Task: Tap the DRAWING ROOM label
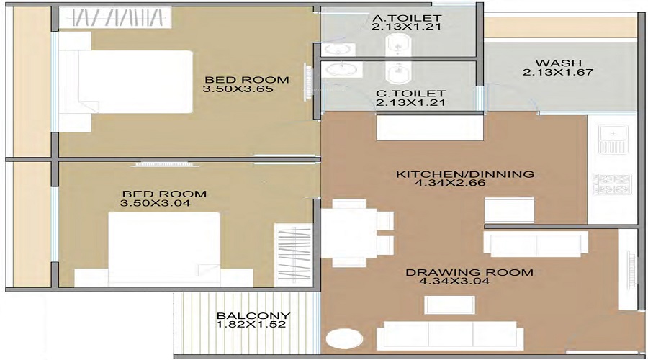(469, 272)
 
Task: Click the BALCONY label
(253, 315)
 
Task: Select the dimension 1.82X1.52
(253, 325)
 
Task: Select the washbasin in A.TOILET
(336, 49)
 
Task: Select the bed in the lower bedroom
(164, 248)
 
